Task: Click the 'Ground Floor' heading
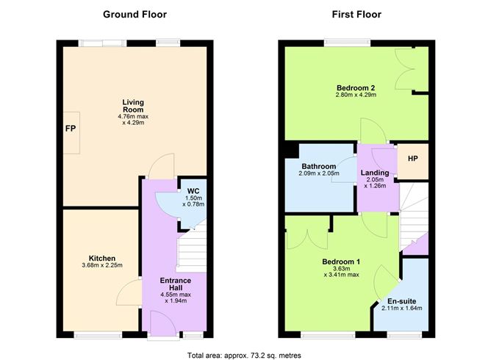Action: point(135,14)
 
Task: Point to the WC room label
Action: point(193,191)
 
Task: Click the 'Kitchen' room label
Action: point(101,259)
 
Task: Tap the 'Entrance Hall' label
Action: point(176,284)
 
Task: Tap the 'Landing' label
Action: point(374,173)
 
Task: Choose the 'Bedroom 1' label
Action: point(341,262)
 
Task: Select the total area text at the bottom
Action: point(244,354)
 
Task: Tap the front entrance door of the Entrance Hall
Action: point(159,323)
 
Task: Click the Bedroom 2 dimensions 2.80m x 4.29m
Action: point(356,96)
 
